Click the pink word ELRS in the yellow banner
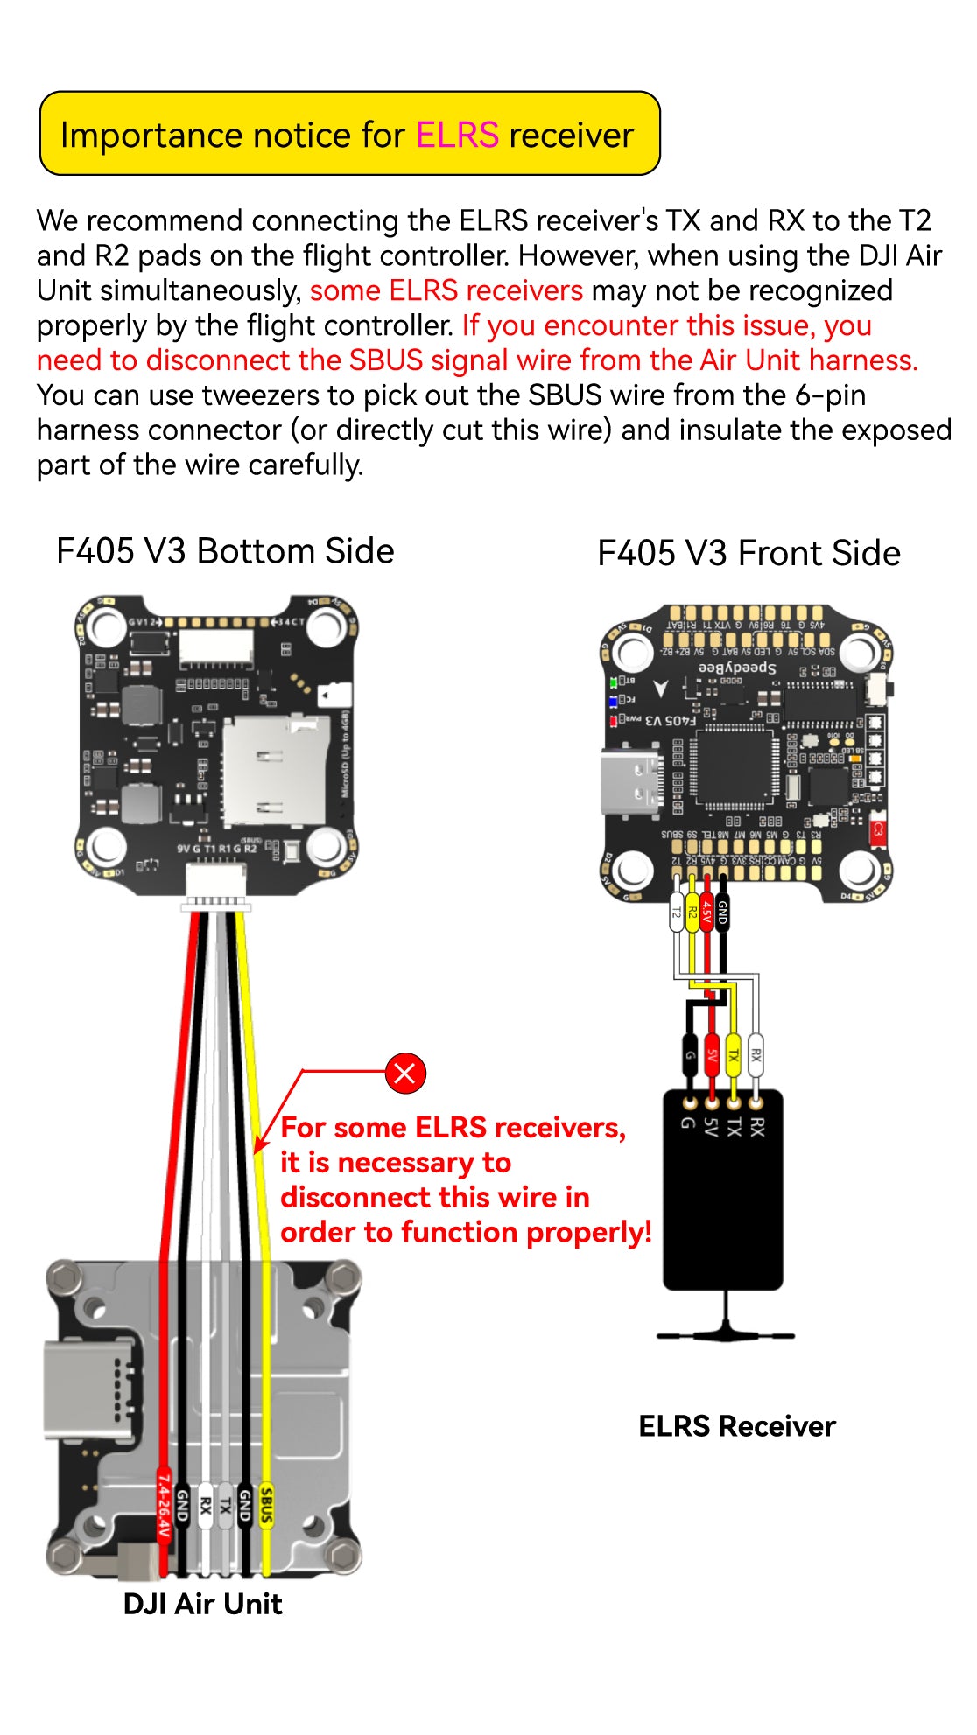tap(456, 136)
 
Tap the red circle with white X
tap(405, 1074)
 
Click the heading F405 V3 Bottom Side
tap(225, 551)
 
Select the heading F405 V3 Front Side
tap(749, 554)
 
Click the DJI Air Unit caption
tap(202, 1604)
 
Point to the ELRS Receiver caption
tap(736, 1426)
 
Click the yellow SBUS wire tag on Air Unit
tap(266, 1504)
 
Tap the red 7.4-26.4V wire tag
tap(164, 1505)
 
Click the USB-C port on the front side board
tap(630, 781)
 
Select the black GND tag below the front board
tap(722, 913)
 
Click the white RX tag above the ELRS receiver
tap(756, 1055)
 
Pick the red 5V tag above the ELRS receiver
tap(712, 1055)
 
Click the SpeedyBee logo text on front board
tap(737, 668)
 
